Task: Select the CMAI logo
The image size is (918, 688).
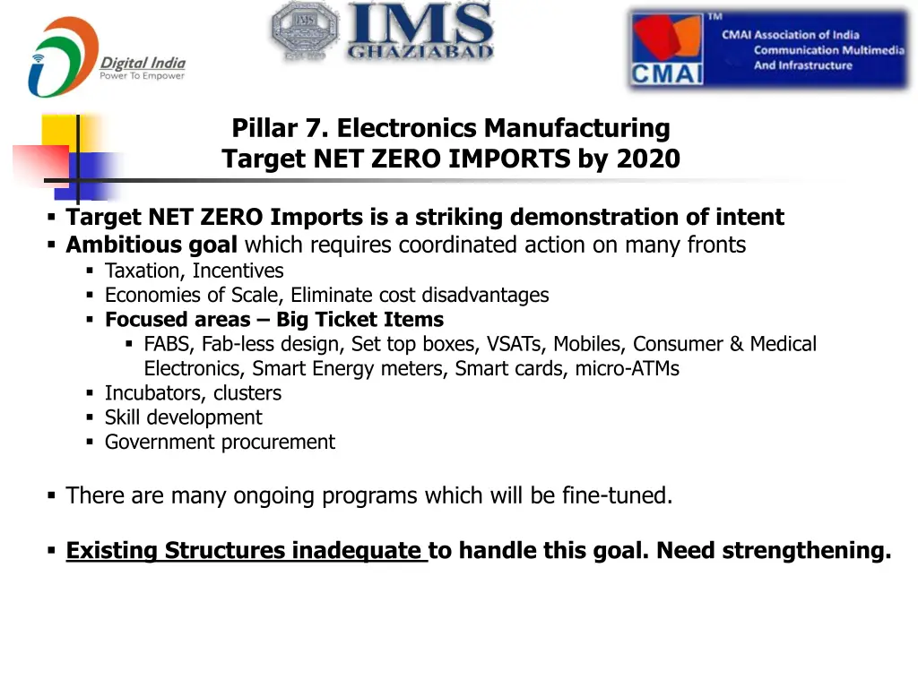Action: pos(768,50)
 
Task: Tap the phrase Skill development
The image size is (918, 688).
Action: pos(183,417)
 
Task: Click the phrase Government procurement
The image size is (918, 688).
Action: pos(220,442)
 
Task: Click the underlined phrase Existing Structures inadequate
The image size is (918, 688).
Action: pos(244,551)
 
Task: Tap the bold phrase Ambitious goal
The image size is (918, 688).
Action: pos(152,245)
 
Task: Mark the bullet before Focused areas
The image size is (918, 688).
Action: pos(91,320)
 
